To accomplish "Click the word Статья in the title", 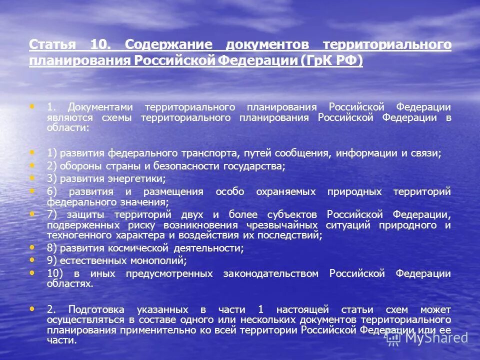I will [52, 44].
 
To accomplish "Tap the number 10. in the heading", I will [103, 44].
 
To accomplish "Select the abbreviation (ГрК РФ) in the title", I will [332, 60].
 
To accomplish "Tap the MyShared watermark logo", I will [427, 337].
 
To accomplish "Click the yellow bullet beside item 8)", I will [33, 247].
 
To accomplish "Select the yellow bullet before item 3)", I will [33, 178].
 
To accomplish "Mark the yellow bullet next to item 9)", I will [33, 260].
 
